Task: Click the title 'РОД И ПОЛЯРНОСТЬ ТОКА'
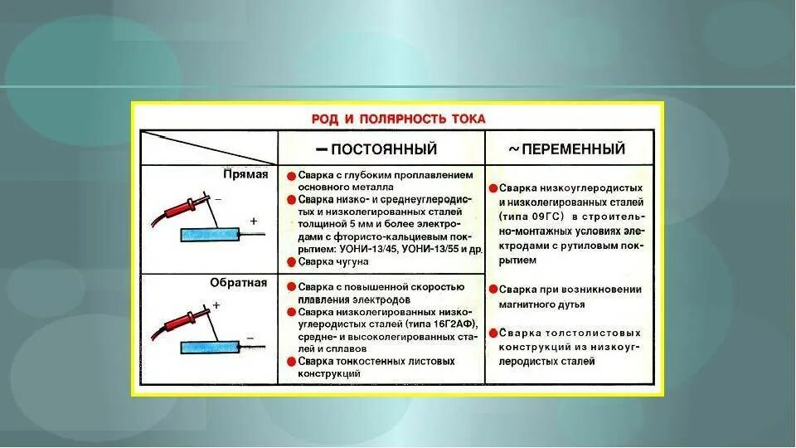pyautogui.click(x=397, y=119)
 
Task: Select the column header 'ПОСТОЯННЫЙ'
pyautogui.click(x=384, y=149)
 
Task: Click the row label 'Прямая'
pyautogui.click(x=245, y=175)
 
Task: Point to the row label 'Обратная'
pyautogui.click(x=239, y=282)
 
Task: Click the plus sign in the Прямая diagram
pyautogui.click(x=254, y=222)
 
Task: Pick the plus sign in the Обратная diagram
pyautogui.click(x=216, y=305)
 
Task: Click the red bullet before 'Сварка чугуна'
pyautogui.click(x=292, y=262)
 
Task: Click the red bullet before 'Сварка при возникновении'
pyautogui.click(x=493, y=290)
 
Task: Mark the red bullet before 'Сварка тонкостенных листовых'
pyautogui.click(x=292, y=362)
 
